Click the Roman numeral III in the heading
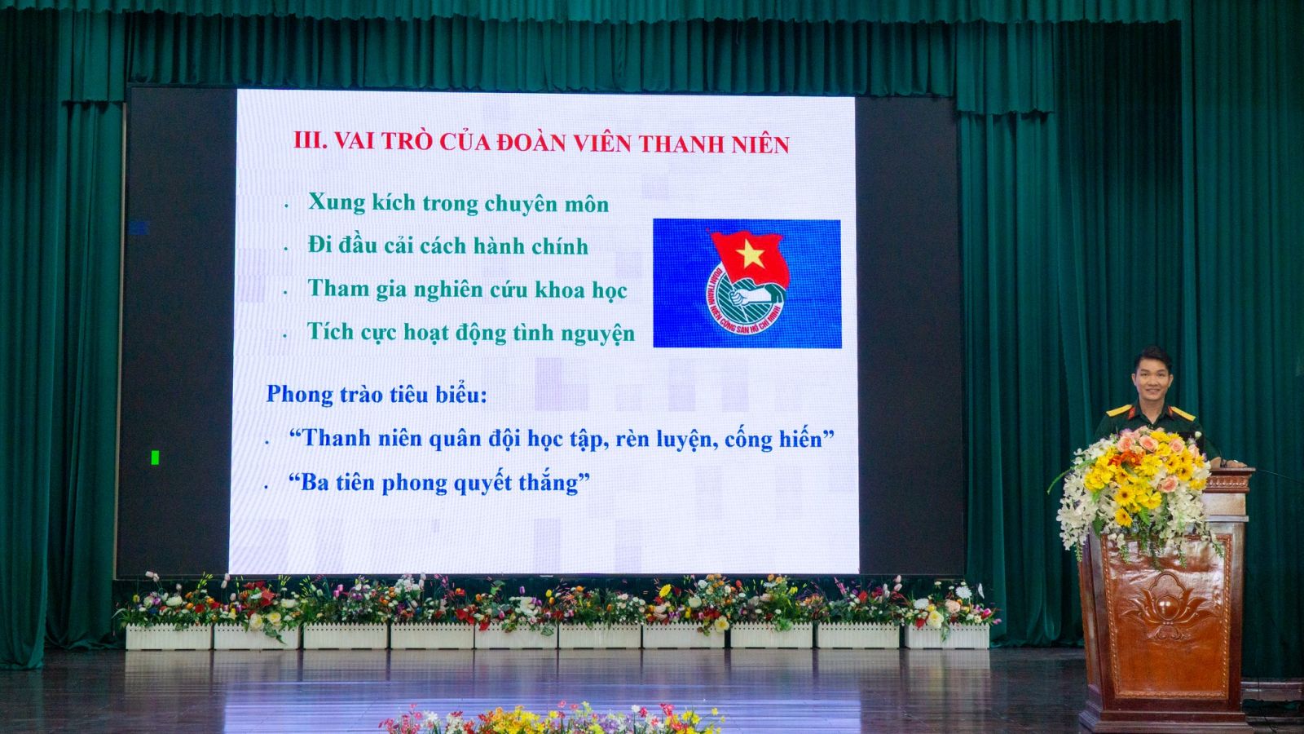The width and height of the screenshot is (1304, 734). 311,140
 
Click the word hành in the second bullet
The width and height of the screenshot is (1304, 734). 497,246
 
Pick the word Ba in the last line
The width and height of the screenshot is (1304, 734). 313,483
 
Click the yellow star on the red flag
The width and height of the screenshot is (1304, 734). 751,254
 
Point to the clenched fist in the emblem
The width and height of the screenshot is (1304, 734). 738,298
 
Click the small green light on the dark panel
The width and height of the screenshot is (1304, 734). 155,458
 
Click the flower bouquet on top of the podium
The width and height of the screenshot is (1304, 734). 1135,489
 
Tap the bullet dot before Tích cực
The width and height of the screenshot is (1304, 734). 284,336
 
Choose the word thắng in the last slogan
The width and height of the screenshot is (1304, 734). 551,484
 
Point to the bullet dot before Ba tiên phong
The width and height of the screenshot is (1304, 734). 267,486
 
